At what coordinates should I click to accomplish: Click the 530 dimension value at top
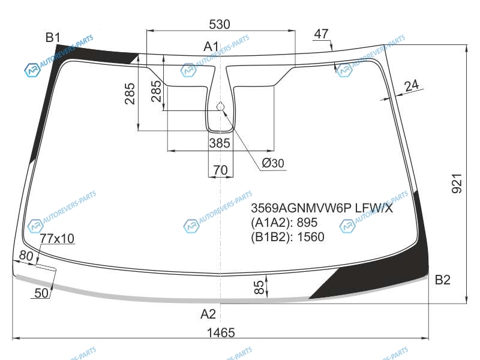pyautogui.click(x=220, y=24)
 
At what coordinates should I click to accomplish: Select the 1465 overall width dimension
pyautogui.click(x=221, y=332)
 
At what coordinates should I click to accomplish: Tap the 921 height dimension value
pyautogui.click(x=457, y=184)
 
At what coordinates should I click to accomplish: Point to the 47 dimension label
pyautogui.click(x=321, y=34)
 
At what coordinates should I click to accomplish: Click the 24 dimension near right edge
pyautogui.click(x=412, y=85)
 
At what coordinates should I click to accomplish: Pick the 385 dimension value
pyautogui.click(x=220, y=143)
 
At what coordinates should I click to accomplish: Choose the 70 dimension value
pyautogui.click(x=220, y=170)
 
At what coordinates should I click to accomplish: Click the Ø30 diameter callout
pyautogui.click(x=273, y=163)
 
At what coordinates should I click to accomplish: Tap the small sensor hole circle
pyautogui.click(x=220, y=107)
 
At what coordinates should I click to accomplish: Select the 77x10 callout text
pyautogui.click(x=57, y=238)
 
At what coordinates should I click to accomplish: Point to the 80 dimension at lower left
pyautogui.click(x=26, y=256)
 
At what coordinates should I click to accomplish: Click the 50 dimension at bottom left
pyautogui.click(x=41, y=293)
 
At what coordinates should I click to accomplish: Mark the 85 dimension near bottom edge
pyautogui.click(x=259, y=287)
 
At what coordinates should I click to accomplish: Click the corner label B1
pyautogui.click(x=53, y=37)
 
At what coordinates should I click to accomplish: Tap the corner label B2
pyautogui.click(x=442, y=280)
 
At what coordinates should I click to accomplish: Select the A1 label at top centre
pyautogui.click(x=211, y=47)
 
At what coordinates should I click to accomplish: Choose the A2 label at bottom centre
pyautogui.click(x=208, y=314)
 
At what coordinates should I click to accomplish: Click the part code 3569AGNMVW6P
pyautogui.click(x=301, y=208)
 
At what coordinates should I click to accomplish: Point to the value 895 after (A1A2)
pyautogui.click(x=307, y=223)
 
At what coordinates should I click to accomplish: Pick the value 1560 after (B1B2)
pyautogui.click(x=311, y=237)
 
